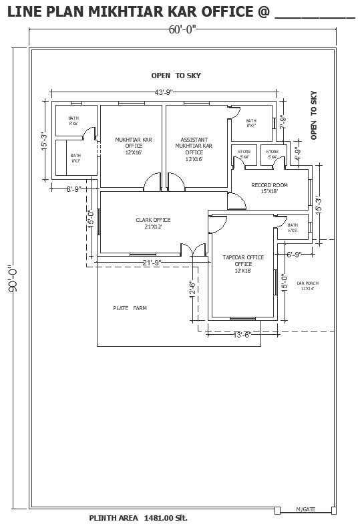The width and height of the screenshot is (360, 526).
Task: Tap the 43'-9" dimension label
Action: pyautogui.click(x=164, y=92)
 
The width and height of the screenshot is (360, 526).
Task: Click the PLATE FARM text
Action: pyautogui.click(x=130, y=308)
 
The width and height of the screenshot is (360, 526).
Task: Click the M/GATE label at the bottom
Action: pyautogui.click(x=306, y=510)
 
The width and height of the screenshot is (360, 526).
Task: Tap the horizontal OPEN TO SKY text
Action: pyautogui.click(x=176, y=76)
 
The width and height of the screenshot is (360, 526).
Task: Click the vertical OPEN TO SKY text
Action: pyautogui.click(x=313, y=116)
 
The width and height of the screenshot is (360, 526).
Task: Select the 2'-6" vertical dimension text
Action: pyautogui.click(x=192, y=288)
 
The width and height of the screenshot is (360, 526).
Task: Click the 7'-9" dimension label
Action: pyautogui.click(x=283, y=122)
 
